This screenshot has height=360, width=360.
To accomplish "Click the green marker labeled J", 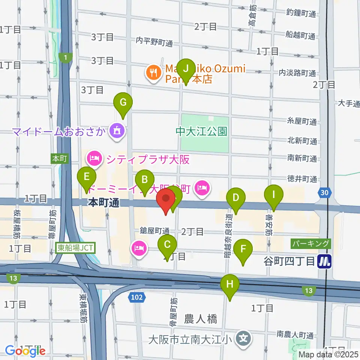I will point(186,69).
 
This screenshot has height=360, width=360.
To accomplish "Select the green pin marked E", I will point(87,177).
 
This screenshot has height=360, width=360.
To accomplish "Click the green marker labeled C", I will point(168,245).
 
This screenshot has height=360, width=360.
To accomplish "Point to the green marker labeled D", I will point(236,198).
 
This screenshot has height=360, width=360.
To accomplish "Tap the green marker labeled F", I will point(243,249).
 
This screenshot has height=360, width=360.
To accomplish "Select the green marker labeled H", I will point(230,285).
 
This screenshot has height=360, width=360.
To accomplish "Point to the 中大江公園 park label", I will point(202,132).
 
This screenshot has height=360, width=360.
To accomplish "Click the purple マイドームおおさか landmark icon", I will point(117,131).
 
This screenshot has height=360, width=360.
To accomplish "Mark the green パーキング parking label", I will point(311,244).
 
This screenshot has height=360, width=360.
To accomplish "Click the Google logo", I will point(25,351).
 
